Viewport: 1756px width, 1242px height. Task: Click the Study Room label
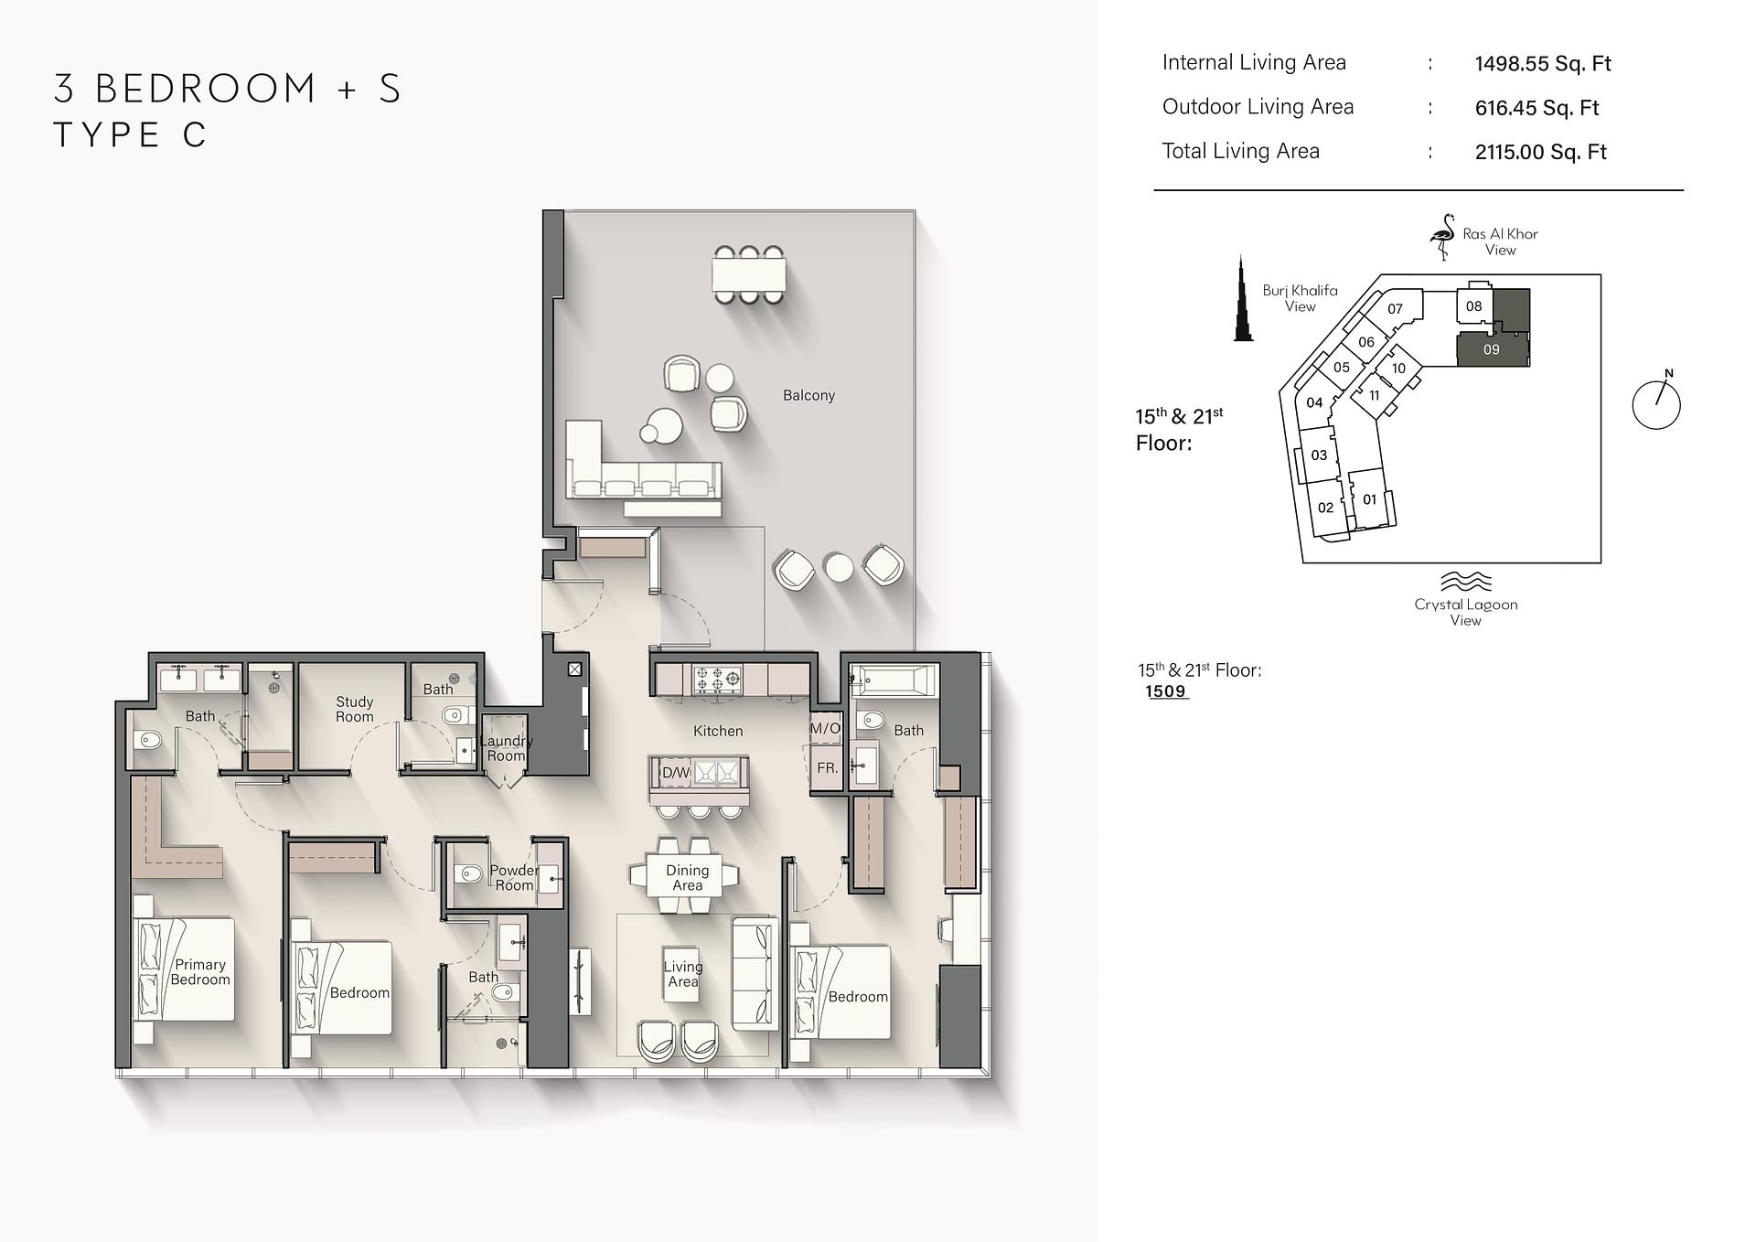click(354, 709)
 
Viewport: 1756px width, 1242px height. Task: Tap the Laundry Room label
click(506, 748)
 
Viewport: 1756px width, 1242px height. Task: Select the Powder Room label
click(514, 878)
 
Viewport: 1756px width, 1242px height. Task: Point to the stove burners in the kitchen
click(717, 680)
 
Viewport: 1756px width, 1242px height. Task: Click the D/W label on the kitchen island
click(676, 773)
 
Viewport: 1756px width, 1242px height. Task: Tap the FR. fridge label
click(827, 768)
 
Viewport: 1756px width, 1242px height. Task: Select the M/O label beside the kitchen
click(825, 728)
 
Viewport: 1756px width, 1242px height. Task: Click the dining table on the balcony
click(749, 273)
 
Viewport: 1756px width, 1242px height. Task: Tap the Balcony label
click(808, 395)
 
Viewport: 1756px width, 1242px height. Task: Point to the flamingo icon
click(1443, 237)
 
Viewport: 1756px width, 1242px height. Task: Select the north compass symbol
click(1656, 403)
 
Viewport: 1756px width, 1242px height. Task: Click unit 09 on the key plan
click(1492, 349)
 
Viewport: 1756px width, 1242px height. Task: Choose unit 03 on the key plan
click(1319, 455)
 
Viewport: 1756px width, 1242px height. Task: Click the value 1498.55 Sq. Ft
click(1543, 63)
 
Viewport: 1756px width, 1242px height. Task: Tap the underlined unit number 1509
click(1165, 691)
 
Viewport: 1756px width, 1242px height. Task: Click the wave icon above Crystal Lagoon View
click(1466, 582)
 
